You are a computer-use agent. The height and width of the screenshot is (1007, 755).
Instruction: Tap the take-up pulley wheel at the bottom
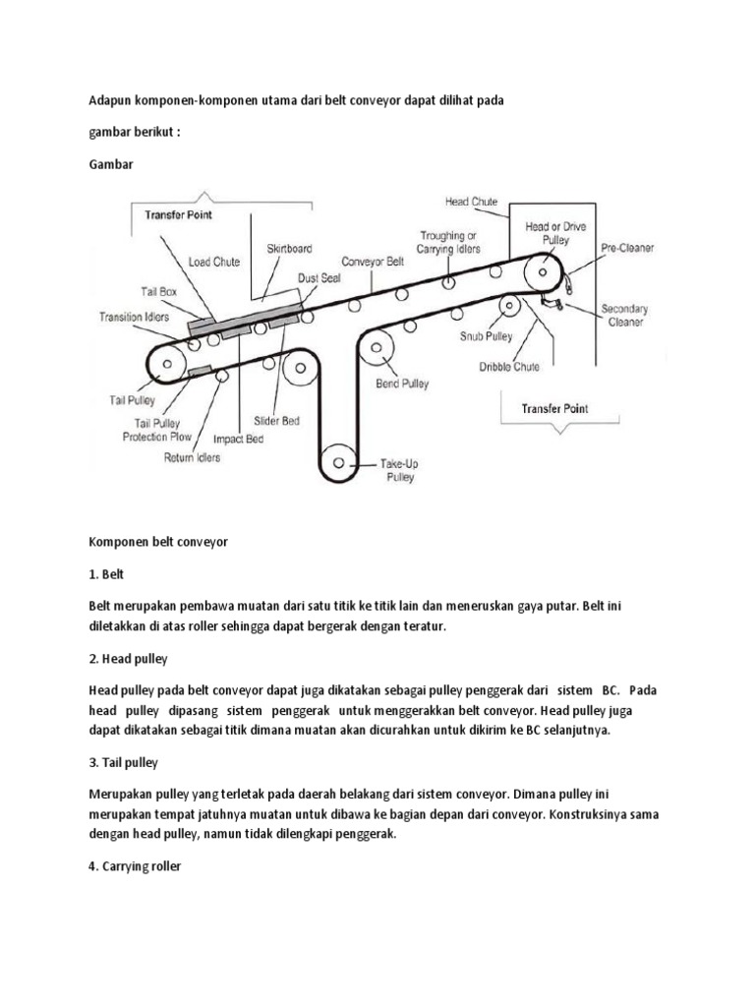pyautogui.click(x=339, y=460)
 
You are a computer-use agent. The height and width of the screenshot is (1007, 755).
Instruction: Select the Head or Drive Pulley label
pyautogui.click(x=555, y=233)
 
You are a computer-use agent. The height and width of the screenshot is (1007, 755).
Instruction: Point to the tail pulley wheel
pyautogui.click(x=166, y=365)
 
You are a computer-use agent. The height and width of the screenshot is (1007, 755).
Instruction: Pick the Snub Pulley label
pyautogui.click(x=487, y=335)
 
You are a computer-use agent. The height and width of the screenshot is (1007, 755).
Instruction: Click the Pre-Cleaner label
pyautogui.click(x=629, y=248)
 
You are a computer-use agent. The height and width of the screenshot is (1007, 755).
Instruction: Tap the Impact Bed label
pyautogui.click(x=240, y=440)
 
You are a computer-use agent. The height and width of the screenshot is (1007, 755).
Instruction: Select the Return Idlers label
pyautogui.click(x=192, y=456)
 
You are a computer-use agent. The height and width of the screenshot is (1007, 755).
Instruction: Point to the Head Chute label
pyautogui.click(x=471, y=202)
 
